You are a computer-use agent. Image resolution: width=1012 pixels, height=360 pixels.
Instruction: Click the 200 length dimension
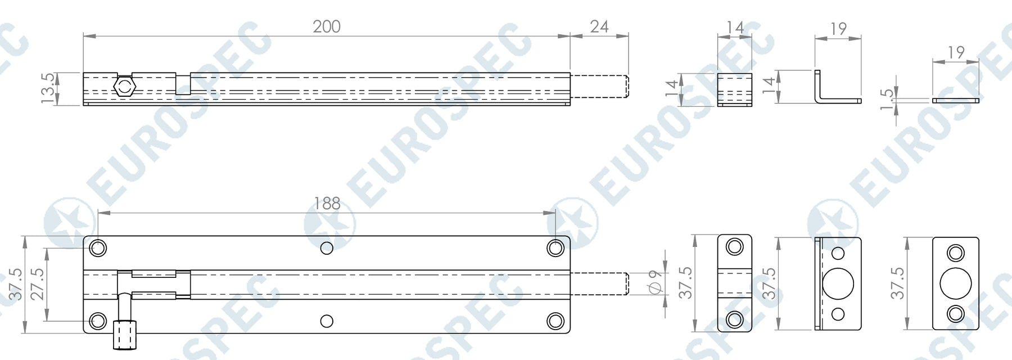pyautogui.click(x=327, y=26)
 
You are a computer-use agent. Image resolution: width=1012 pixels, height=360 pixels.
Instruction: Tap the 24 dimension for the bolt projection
pyautogui.click(x=599, y=26)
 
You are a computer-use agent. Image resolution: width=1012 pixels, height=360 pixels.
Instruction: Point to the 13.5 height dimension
pyautogui.click(x=48, y=88)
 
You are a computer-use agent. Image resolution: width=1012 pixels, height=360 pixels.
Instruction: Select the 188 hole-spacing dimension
pyautogui.click(x=327, y=203)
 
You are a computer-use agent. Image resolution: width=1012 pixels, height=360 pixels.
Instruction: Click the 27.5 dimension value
pyautogui.click(x=37, y=284)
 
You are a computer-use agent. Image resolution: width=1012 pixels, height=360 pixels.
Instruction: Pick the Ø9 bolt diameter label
pyautogui.click(x=654, y=283)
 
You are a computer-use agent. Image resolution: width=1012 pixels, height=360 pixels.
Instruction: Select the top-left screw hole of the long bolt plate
pyautogui.click(x=98, y=248)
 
